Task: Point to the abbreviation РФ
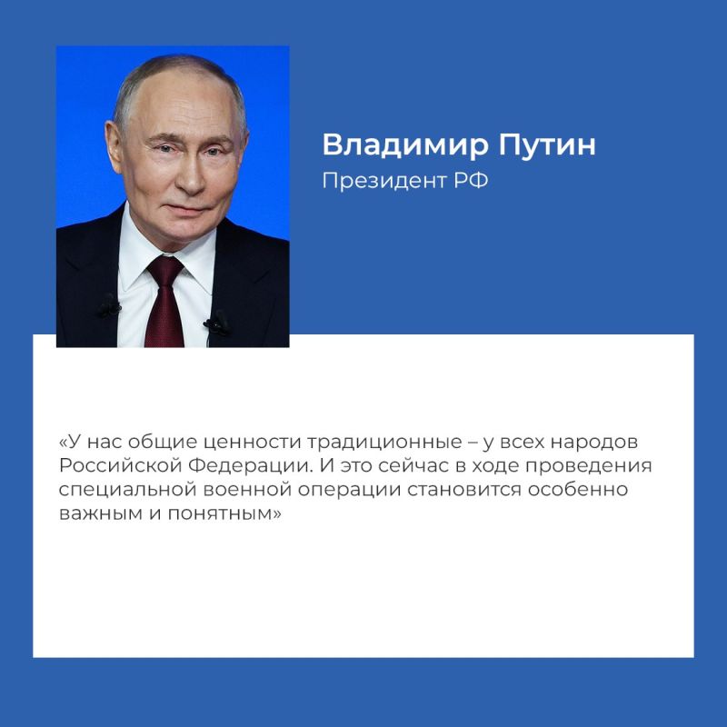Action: pos(473,181)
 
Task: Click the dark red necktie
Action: pos(164,300)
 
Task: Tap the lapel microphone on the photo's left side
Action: pos(108,306)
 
